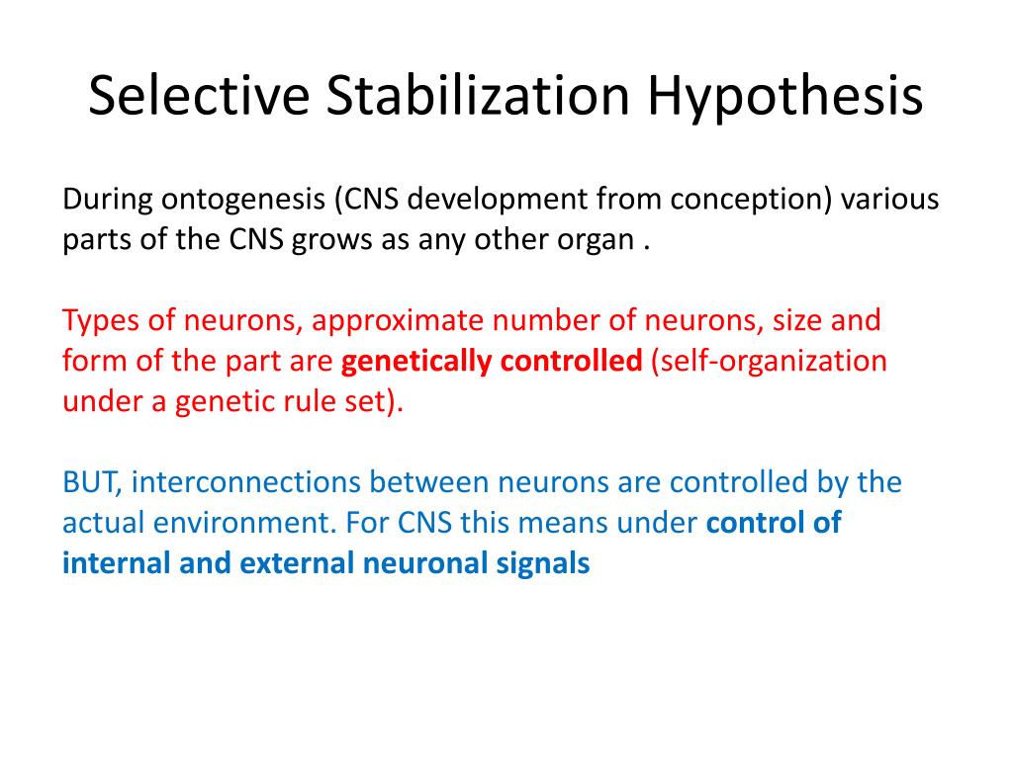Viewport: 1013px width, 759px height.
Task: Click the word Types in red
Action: click(98, 322)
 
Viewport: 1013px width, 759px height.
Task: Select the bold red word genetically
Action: click(416, 362)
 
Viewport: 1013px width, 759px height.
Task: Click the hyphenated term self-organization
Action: click(769, 362)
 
